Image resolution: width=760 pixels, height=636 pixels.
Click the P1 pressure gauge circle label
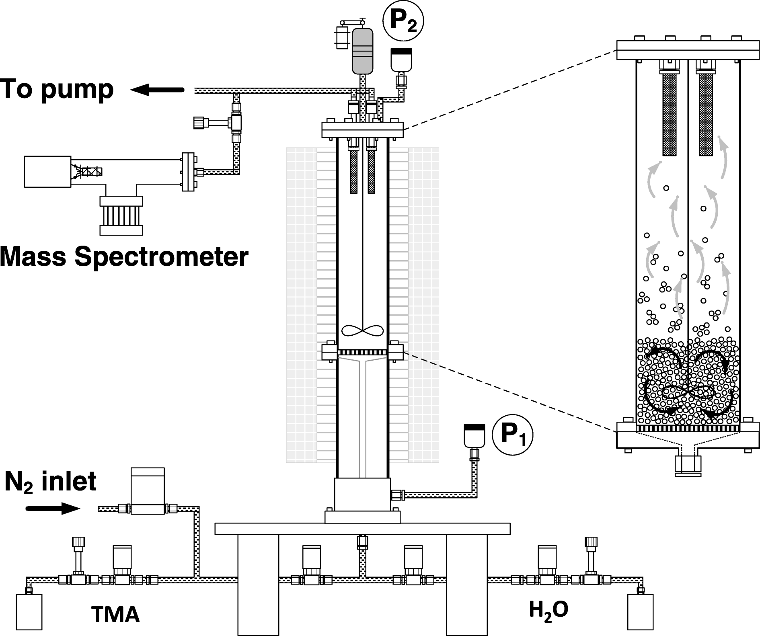point(512,437)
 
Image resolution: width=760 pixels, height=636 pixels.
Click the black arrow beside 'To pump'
point(157,90)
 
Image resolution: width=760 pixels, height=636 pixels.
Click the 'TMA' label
point(115,614)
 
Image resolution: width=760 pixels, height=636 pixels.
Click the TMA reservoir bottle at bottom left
point(29,612)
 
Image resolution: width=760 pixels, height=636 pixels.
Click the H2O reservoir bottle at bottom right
point(641,612)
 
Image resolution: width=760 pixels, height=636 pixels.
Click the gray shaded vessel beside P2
point(363,51)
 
